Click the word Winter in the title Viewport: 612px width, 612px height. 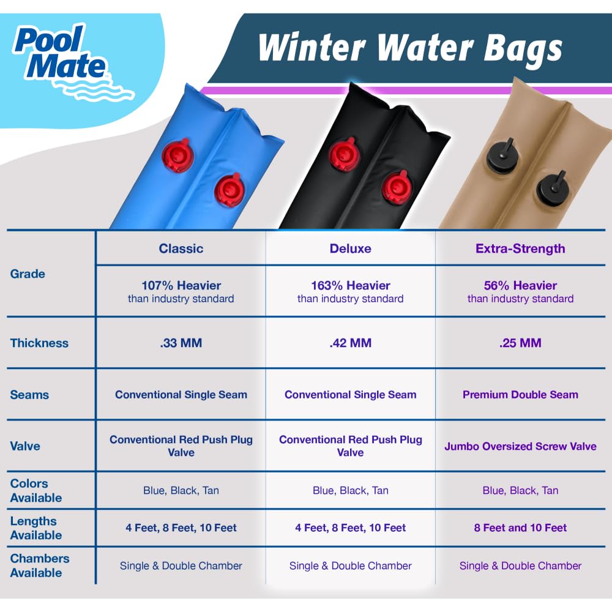(x=312, y=47)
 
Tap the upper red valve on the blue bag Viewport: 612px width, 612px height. (x=177, y=155)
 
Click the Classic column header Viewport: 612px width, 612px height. (x=181, y=248)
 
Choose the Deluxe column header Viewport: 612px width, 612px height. (x=351, y=248)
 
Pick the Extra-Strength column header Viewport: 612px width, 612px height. (x=520, y=248)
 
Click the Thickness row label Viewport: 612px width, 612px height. (x=39, y=343)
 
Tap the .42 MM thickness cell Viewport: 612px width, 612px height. (x=351, y=343)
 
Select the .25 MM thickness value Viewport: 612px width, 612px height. (x=520, y=343)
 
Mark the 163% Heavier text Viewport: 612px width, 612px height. (x=351, y=286)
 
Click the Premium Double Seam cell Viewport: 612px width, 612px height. (x=520, y=395)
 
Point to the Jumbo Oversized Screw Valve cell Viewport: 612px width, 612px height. (x=520, y=446)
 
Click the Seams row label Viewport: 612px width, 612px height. (x=29, y=395)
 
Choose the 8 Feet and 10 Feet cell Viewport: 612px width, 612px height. (x=520, y=528)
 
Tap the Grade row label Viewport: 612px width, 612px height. (x=28, y=274)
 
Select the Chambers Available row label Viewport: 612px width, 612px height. (x=39, y=565)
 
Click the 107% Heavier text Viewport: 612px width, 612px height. (x=181, y=286)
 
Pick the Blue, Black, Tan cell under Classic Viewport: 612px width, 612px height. (x=181, y=490)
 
